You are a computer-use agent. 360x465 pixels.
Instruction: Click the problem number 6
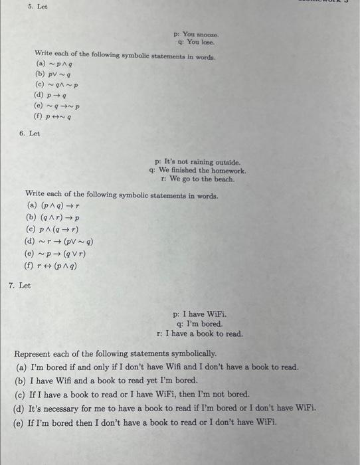pyautogui.click(x=21, y=134)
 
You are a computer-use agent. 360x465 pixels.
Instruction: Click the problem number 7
pyautogui.click(x=11, y=286)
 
